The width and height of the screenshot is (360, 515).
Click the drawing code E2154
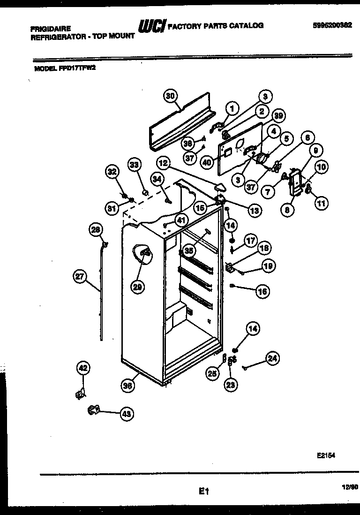coord(326,455)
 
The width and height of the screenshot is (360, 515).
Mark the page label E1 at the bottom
coord(202,492)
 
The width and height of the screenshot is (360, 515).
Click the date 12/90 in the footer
coord(345,488)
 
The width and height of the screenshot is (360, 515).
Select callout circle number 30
coord(171,96)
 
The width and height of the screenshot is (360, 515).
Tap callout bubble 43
coord(127,414)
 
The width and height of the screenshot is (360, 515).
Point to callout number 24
coord(272,359)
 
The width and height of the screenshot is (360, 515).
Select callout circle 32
coord(112,172)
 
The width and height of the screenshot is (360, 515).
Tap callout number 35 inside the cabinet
coord(189,250)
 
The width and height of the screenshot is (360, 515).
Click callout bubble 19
coord(268,266)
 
